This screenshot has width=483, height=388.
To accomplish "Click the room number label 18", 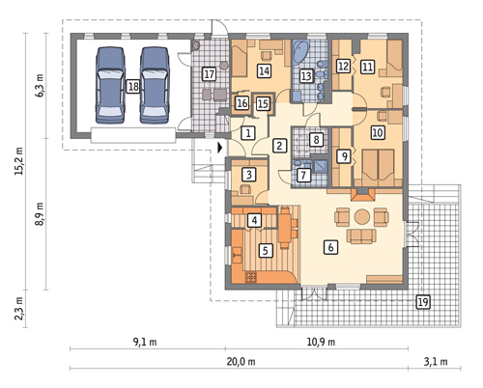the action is tap(133, 86).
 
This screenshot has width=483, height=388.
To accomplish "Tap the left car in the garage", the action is tap(110, 85).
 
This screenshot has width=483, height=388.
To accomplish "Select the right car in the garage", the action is tap(155, 85).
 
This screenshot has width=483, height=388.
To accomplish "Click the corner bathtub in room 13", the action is tap(300, 51).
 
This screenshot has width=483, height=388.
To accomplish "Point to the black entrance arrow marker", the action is tap(220, 148).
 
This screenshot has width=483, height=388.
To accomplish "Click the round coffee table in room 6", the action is tap(362, 216).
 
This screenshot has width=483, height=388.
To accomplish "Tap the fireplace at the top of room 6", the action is tap(362, 195).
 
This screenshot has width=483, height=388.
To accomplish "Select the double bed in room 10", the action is tap(378, 168).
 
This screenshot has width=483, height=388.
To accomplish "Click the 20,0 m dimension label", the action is tap(241, 362).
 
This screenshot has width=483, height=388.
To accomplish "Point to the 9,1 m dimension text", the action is tap(145, 342).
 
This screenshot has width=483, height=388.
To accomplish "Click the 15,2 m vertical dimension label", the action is tap(19, 161).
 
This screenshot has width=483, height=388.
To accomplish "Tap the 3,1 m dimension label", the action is tap(436, 362).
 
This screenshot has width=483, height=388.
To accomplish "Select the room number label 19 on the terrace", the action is tap(423, 302).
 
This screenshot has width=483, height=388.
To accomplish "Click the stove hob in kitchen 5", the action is tap(251, 277).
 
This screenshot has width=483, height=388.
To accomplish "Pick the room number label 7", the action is tap(303, 175).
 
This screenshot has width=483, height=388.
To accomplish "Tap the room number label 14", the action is tap(264, 70).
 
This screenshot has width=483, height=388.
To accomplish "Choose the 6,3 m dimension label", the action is tap(41, 86).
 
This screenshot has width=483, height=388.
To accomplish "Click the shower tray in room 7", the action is tap(321, 166).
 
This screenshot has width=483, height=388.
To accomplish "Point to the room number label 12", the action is tap(343, 66).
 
